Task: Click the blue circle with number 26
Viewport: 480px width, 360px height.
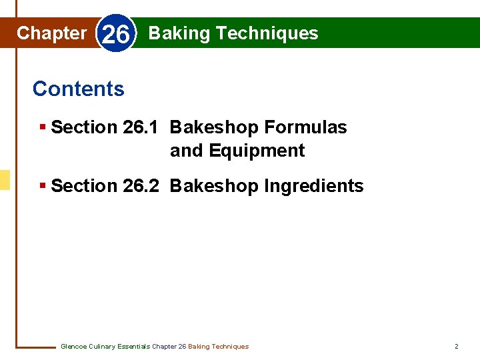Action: click(x=117, y=34)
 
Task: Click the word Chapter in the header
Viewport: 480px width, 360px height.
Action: click(x=51, y=33)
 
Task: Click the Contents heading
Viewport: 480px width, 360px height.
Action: click(x=78, y=89)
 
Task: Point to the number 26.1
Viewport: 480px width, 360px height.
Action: click(x=141, y=127)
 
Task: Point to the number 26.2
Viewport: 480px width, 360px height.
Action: click(x=141, y=186)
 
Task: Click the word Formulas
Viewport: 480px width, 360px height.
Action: click(x=306, y=127)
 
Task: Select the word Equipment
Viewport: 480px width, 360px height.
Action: click(x=257, y=151)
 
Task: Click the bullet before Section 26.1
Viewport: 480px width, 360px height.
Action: click(x=43, y=127)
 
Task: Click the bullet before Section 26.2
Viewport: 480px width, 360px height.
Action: click(x=43, y=186)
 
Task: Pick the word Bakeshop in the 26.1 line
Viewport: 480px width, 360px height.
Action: click(x=215, y=127)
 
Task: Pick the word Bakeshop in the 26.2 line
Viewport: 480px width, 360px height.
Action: click(x=215, y=186)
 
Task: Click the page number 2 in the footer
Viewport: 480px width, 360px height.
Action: click(x=456, y=347)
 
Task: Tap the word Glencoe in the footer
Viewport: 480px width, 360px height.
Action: click(x=73, y=347)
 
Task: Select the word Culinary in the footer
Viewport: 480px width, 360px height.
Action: click(x=101, y=347)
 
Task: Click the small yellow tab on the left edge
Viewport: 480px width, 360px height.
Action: click(x=5, y=179)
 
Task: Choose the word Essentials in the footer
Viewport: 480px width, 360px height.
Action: click(x=133, y=347)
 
